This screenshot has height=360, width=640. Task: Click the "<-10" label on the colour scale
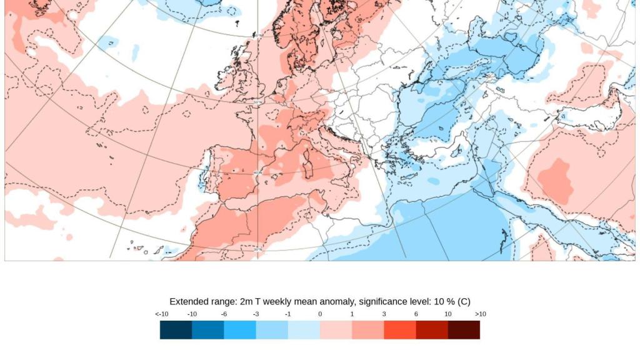click(161, 314)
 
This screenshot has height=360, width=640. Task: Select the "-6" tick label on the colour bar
click(224, 314)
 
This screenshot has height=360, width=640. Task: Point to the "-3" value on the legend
click(256, 314)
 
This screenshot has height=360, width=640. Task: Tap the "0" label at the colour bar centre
click(320, 314)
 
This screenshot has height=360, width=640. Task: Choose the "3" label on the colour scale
click(384, 314)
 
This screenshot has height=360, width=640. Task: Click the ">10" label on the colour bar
click(480, 314)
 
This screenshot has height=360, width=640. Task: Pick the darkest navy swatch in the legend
click(176, 330)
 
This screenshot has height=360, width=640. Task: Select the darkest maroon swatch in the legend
click(464, 330)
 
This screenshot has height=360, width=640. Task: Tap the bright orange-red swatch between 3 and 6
click(400, 330)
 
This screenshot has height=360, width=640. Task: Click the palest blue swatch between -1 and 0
click(304, 330)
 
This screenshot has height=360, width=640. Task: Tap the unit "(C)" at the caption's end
click(464, 301)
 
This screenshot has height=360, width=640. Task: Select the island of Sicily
click(346, 189)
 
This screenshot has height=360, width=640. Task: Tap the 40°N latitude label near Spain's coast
click(257, 173)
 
